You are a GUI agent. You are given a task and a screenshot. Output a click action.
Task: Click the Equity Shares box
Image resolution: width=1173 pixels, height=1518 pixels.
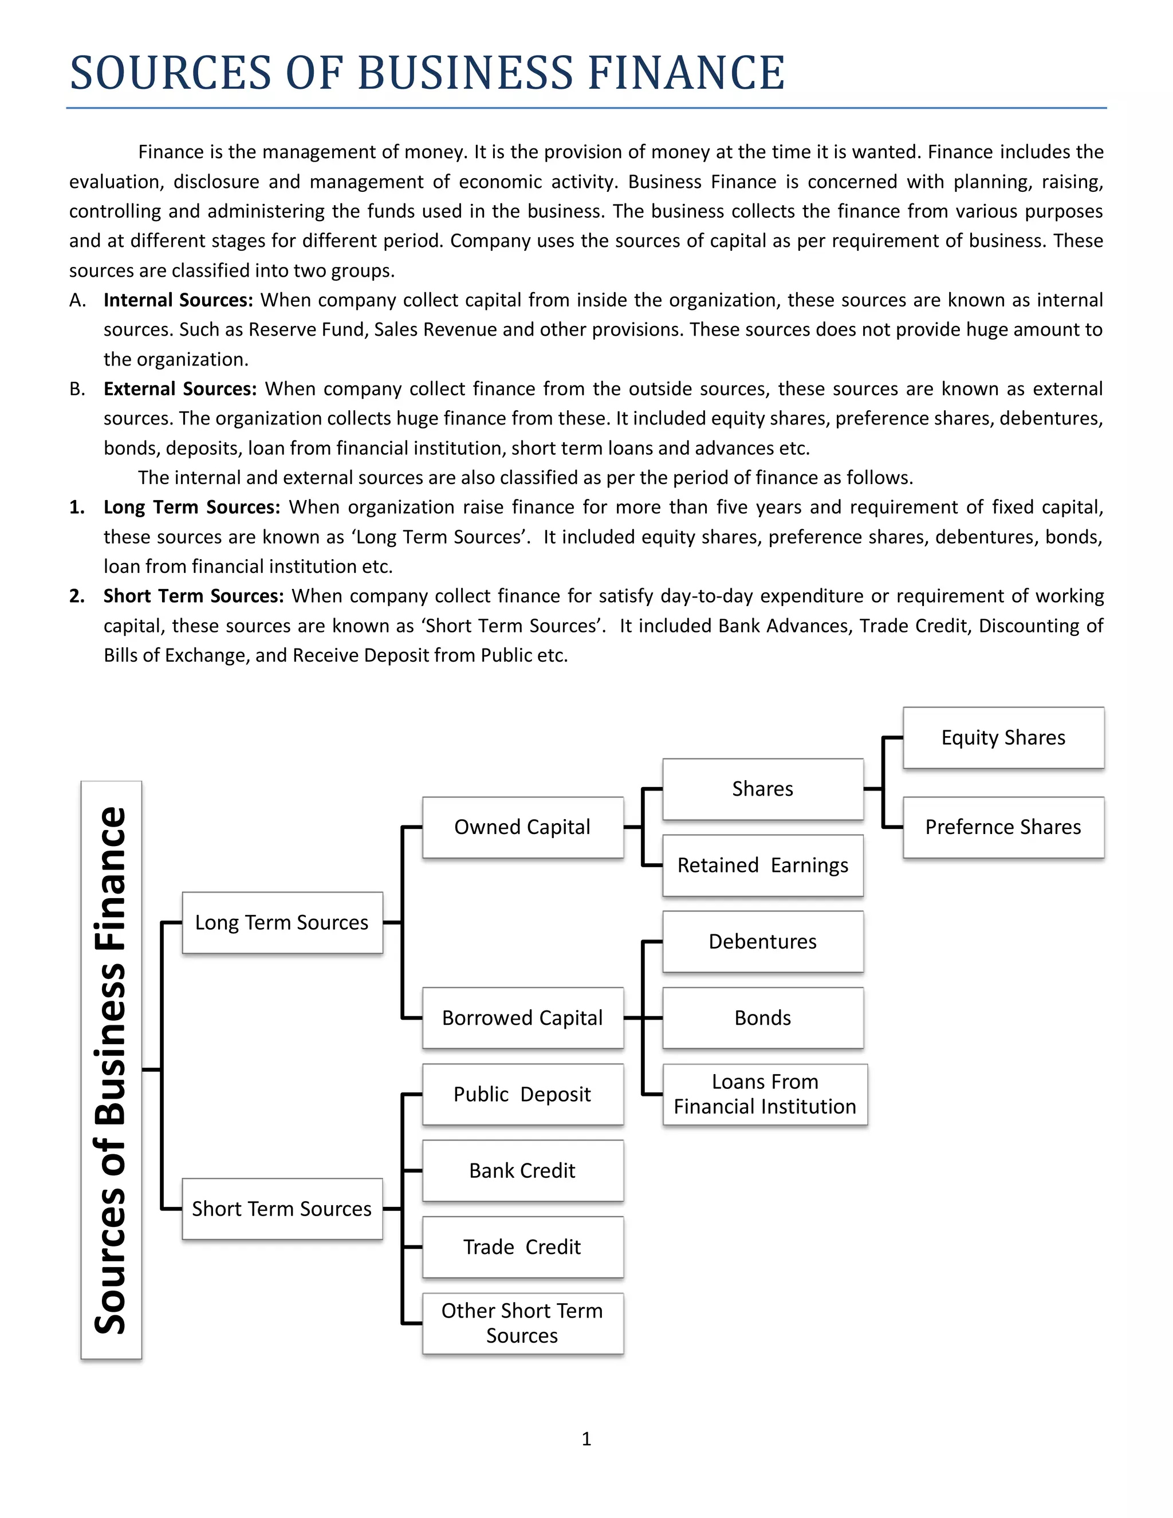click(1003, 737)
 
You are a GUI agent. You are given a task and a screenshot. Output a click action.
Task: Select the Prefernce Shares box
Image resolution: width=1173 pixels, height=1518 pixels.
click(1003, 827)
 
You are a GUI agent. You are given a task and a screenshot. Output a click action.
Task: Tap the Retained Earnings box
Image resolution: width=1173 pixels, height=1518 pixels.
click(762, 866)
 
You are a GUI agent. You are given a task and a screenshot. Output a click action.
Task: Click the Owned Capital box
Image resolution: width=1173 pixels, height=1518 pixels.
click(522, 827)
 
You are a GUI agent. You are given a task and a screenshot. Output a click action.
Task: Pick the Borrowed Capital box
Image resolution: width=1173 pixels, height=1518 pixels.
click(522, 1017)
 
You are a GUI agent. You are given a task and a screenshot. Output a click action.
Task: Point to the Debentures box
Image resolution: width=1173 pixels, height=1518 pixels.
click(762, 941)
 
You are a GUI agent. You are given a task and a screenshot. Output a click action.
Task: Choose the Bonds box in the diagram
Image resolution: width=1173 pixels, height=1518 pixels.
click(762, 1017)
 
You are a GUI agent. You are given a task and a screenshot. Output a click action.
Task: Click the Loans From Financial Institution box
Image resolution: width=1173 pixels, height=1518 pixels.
click(765, 1094)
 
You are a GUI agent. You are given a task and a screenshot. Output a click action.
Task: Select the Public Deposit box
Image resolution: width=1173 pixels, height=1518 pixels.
click(522, 1094)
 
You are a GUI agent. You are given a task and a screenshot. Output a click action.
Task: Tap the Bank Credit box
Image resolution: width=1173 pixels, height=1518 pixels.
click(522, 1170)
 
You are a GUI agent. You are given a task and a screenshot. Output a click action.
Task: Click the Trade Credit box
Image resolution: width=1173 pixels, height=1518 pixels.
click(522, 1247)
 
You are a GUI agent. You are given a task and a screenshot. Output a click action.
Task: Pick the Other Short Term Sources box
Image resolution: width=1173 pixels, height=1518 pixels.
click(522, 1323)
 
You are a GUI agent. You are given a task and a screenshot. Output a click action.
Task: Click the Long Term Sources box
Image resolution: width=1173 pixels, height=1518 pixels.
click(281, 922)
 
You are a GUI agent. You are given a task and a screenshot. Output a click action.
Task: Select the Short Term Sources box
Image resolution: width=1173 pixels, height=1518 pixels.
click(281, 1209)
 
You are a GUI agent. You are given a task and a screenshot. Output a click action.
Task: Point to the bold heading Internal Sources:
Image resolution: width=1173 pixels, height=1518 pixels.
click(178, 300)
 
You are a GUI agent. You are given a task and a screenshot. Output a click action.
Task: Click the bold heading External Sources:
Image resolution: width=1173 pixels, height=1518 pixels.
click(180, 388)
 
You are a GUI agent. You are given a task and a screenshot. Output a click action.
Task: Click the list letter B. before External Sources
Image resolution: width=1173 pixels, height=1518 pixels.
click(77, 389)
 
